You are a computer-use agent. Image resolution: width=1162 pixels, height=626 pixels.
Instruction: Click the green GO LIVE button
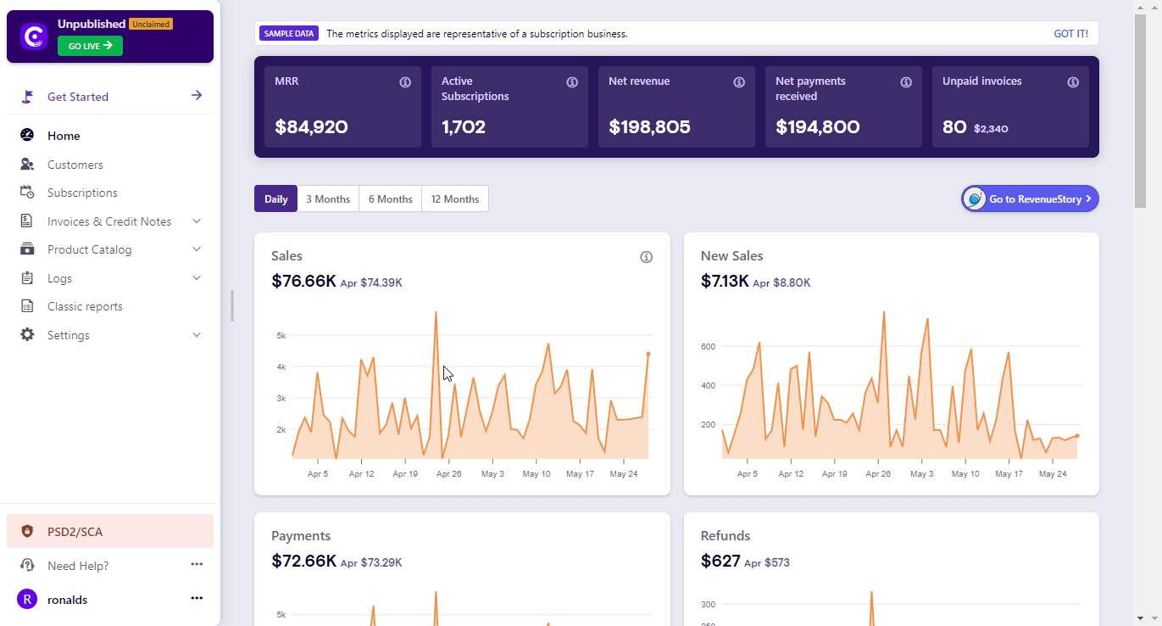click(x=90, y=46)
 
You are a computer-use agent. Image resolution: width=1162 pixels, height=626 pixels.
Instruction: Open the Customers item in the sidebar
click(x=75, y=165)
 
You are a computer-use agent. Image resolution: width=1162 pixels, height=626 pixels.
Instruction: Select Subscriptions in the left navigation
click(x=82, y=193)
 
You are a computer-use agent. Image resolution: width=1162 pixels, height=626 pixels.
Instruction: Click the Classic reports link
click(x=85, y=306)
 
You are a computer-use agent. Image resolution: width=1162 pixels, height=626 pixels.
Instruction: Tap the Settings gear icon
click(x=28, y=335)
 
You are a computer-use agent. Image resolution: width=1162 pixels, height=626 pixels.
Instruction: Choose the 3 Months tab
click(x=328, y=199)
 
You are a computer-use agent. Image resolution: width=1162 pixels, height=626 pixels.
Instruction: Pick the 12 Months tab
click(x=455, y=199)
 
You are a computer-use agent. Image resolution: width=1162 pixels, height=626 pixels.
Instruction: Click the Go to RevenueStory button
click(x=1030, y=198)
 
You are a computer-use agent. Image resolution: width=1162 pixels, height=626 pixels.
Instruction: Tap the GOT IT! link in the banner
click(x=1070, y=34)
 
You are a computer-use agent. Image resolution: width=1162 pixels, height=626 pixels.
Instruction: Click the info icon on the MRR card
click(x=405, y=82)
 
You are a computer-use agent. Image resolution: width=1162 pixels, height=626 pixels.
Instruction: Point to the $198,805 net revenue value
click(x=649, y=127)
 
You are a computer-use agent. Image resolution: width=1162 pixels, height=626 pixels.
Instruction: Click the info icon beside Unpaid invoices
click(x=1073, y=82)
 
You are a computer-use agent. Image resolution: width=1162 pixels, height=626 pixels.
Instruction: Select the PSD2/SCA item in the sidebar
click(x=75, y=532)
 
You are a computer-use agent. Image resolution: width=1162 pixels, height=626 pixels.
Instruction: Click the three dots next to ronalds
click(x=197, y=598)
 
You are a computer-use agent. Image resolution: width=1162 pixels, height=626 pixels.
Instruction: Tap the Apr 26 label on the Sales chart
click(x=448, y=474)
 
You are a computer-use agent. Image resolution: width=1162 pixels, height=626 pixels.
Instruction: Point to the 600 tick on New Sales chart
click(x=708, y=346)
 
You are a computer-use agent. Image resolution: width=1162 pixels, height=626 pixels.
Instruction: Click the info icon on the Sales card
click(x=646, y=257)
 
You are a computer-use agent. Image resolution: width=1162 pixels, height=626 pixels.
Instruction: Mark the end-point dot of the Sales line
click(x=648, y=354)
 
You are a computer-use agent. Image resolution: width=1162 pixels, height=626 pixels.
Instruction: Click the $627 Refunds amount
click(x=720, y=562)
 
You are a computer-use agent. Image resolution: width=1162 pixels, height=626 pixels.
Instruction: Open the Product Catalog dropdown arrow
click(x=197, y=249)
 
